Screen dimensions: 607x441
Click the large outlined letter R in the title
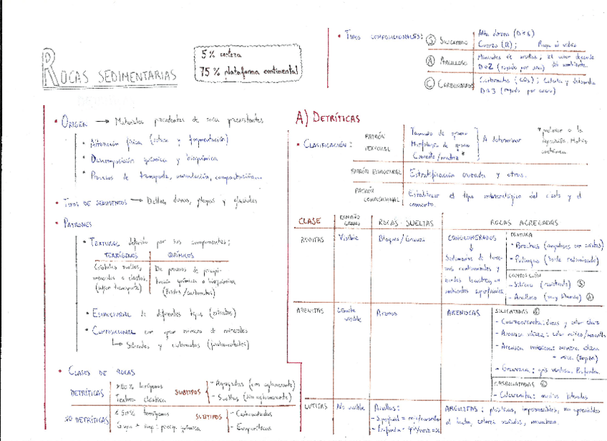click(x=50, y=66)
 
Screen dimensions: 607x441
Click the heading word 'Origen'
click(x=74, y=121)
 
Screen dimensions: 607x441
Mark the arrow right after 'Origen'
click(x=103, y=121)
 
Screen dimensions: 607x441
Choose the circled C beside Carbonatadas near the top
click(x=430, y=84)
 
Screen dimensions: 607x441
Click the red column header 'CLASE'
click(x=309, y=220)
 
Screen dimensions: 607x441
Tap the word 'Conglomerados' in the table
click(x=472, y=238)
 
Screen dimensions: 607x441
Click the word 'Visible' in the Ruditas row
click(x=348, y=238)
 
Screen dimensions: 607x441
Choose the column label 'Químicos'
click(x=180, y=255)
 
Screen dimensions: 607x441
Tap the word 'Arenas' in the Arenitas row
click(x=387, y=314)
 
